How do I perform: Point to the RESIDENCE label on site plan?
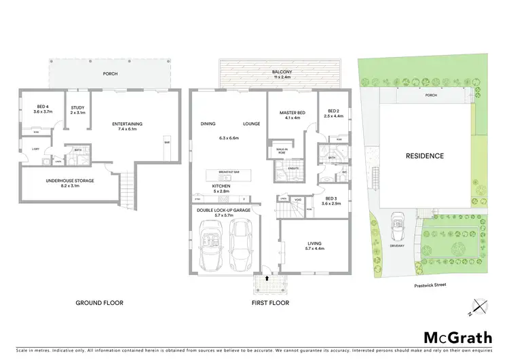click(425, 156)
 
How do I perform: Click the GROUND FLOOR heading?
click(100, 302)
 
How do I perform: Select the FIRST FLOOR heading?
click(270, 302)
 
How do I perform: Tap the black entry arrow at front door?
click(267, 277)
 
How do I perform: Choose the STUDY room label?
click(77, 106)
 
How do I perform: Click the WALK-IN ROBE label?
click(280, 151)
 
